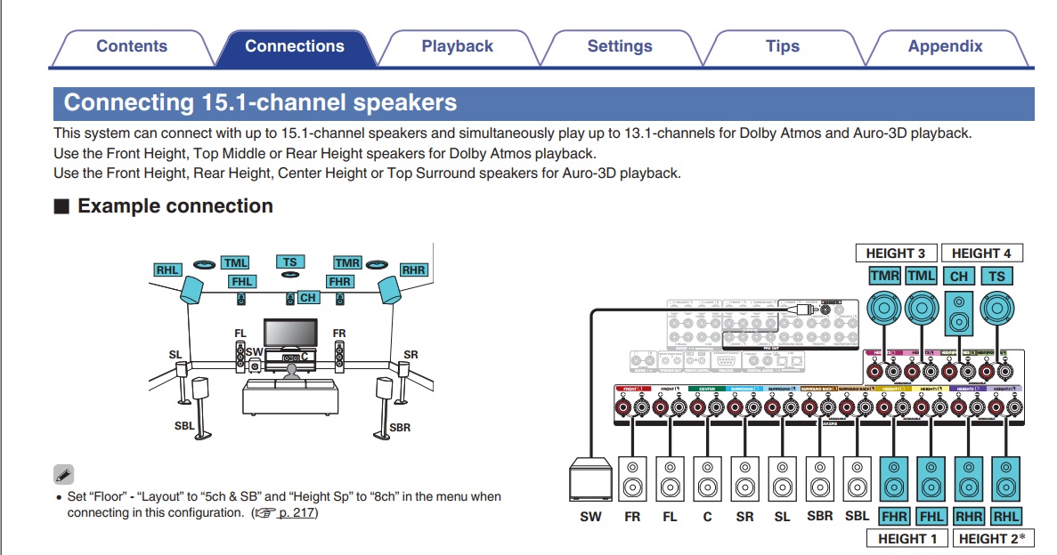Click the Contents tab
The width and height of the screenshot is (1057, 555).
click(x=131, y=47)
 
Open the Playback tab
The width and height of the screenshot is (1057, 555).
click(x=457, y=47)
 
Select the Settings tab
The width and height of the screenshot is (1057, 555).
click(x=620, y=47)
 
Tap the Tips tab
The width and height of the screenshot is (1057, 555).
click(x=782, y=47)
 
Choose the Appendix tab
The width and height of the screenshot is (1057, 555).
click(x=945, y=47)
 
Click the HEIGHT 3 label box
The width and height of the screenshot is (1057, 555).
click(x=895, y=253)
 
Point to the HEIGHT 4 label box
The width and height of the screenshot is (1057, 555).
click(x=980, y=253)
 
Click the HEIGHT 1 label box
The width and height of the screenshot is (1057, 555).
click(x=907, y=538)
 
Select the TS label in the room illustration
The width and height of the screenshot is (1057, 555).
click(x=290, y=262)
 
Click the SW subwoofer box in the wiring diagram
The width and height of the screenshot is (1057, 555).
click(x=590, y=481)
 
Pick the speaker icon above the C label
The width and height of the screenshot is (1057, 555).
click(x=708, y=480)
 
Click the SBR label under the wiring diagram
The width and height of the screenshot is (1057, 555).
click(x=819, y=517)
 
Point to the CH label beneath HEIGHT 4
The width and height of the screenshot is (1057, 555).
click(x=959, y=277)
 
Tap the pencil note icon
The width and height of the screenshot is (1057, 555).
click(x=63, y=474)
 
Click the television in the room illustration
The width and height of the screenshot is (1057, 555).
click(x=290, y=334)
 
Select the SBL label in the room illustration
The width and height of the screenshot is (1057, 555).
click(x=184, y=426)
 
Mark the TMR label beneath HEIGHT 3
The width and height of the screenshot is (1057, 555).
click(x=884, y=277)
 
